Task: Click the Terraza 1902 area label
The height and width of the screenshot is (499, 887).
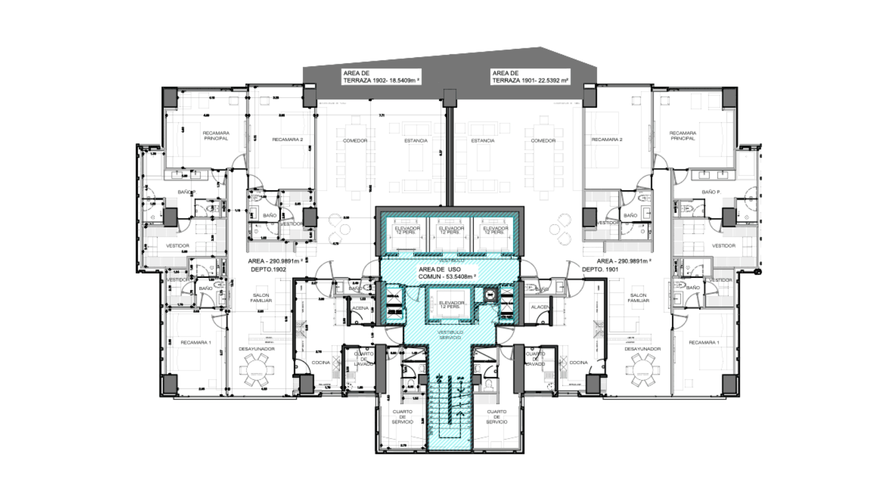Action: coord(381,77)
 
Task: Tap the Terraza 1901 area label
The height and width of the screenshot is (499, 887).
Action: coord(530,77)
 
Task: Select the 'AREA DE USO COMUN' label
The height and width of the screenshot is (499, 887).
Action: coord(447,273)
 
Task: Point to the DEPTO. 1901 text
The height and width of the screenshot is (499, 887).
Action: coord(600,269)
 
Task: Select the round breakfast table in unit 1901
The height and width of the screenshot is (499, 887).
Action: coord(642,370)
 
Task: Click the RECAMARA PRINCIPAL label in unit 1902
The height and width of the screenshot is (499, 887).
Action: coord(216,136)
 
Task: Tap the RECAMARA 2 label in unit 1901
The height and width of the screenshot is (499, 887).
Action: coord(607,140)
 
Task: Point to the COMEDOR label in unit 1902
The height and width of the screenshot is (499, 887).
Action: coord(355,140)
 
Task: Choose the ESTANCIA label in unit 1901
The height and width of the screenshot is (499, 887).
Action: coord(483,140)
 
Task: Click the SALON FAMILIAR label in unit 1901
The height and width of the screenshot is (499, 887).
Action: coord(638,298)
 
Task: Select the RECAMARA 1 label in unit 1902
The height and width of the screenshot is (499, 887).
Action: coord(196,342)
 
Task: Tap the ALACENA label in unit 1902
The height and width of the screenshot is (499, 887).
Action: coord(360,308)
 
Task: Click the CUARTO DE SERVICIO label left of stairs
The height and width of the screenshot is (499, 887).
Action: coord(402,417)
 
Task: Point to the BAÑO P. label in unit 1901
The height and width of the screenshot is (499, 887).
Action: coord(711,192)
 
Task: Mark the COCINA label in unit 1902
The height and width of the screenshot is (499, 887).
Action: coord(321,363)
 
